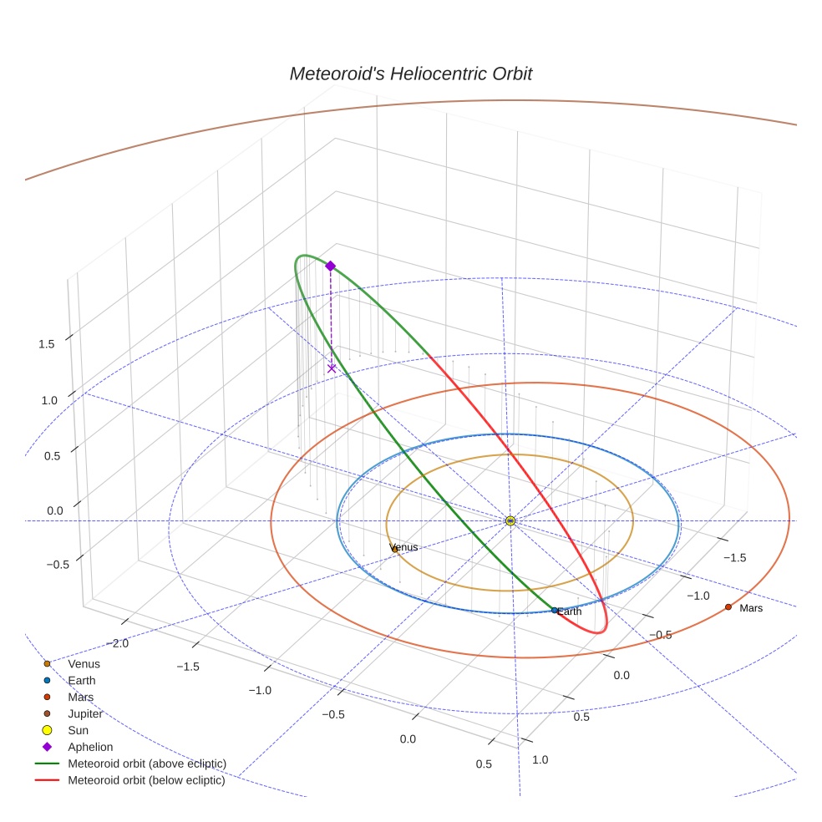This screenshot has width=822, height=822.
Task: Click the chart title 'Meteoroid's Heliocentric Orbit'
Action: coord(410,74)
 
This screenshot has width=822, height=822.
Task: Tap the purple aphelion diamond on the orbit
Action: coord(330,266)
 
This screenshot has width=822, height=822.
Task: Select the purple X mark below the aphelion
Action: coord(332,368)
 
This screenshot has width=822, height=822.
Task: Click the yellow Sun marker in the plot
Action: coord(510,520)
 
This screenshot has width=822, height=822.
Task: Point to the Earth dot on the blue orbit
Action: coord(555,610)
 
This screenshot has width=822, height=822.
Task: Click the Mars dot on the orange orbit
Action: coord(728,606)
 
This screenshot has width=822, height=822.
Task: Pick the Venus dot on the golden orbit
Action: coord(394,549)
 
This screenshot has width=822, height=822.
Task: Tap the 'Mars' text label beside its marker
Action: coord(751,608)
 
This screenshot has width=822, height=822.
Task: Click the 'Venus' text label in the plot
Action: coord(404,547)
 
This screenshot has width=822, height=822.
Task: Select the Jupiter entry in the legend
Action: coord(85,713)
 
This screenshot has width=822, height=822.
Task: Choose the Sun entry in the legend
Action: coord(79,730)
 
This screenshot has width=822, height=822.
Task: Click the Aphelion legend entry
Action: coord(90,747)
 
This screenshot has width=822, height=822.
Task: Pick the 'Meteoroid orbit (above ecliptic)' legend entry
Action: coord(147,764)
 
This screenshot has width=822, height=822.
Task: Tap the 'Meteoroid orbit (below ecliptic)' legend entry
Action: coord(147,780)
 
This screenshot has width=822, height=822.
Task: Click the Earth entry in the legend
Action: coord(82,680)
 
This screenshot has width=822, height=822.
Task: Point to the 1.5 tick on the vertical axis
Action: coord(47,344)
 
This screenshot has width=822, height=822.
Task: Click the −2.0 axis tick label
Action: coord(116,643)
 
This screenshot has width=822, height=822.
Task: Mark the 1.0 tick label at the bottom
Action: coord(540,759)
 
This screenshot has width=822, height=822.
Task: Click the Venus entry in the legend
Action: coord(84,663)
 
